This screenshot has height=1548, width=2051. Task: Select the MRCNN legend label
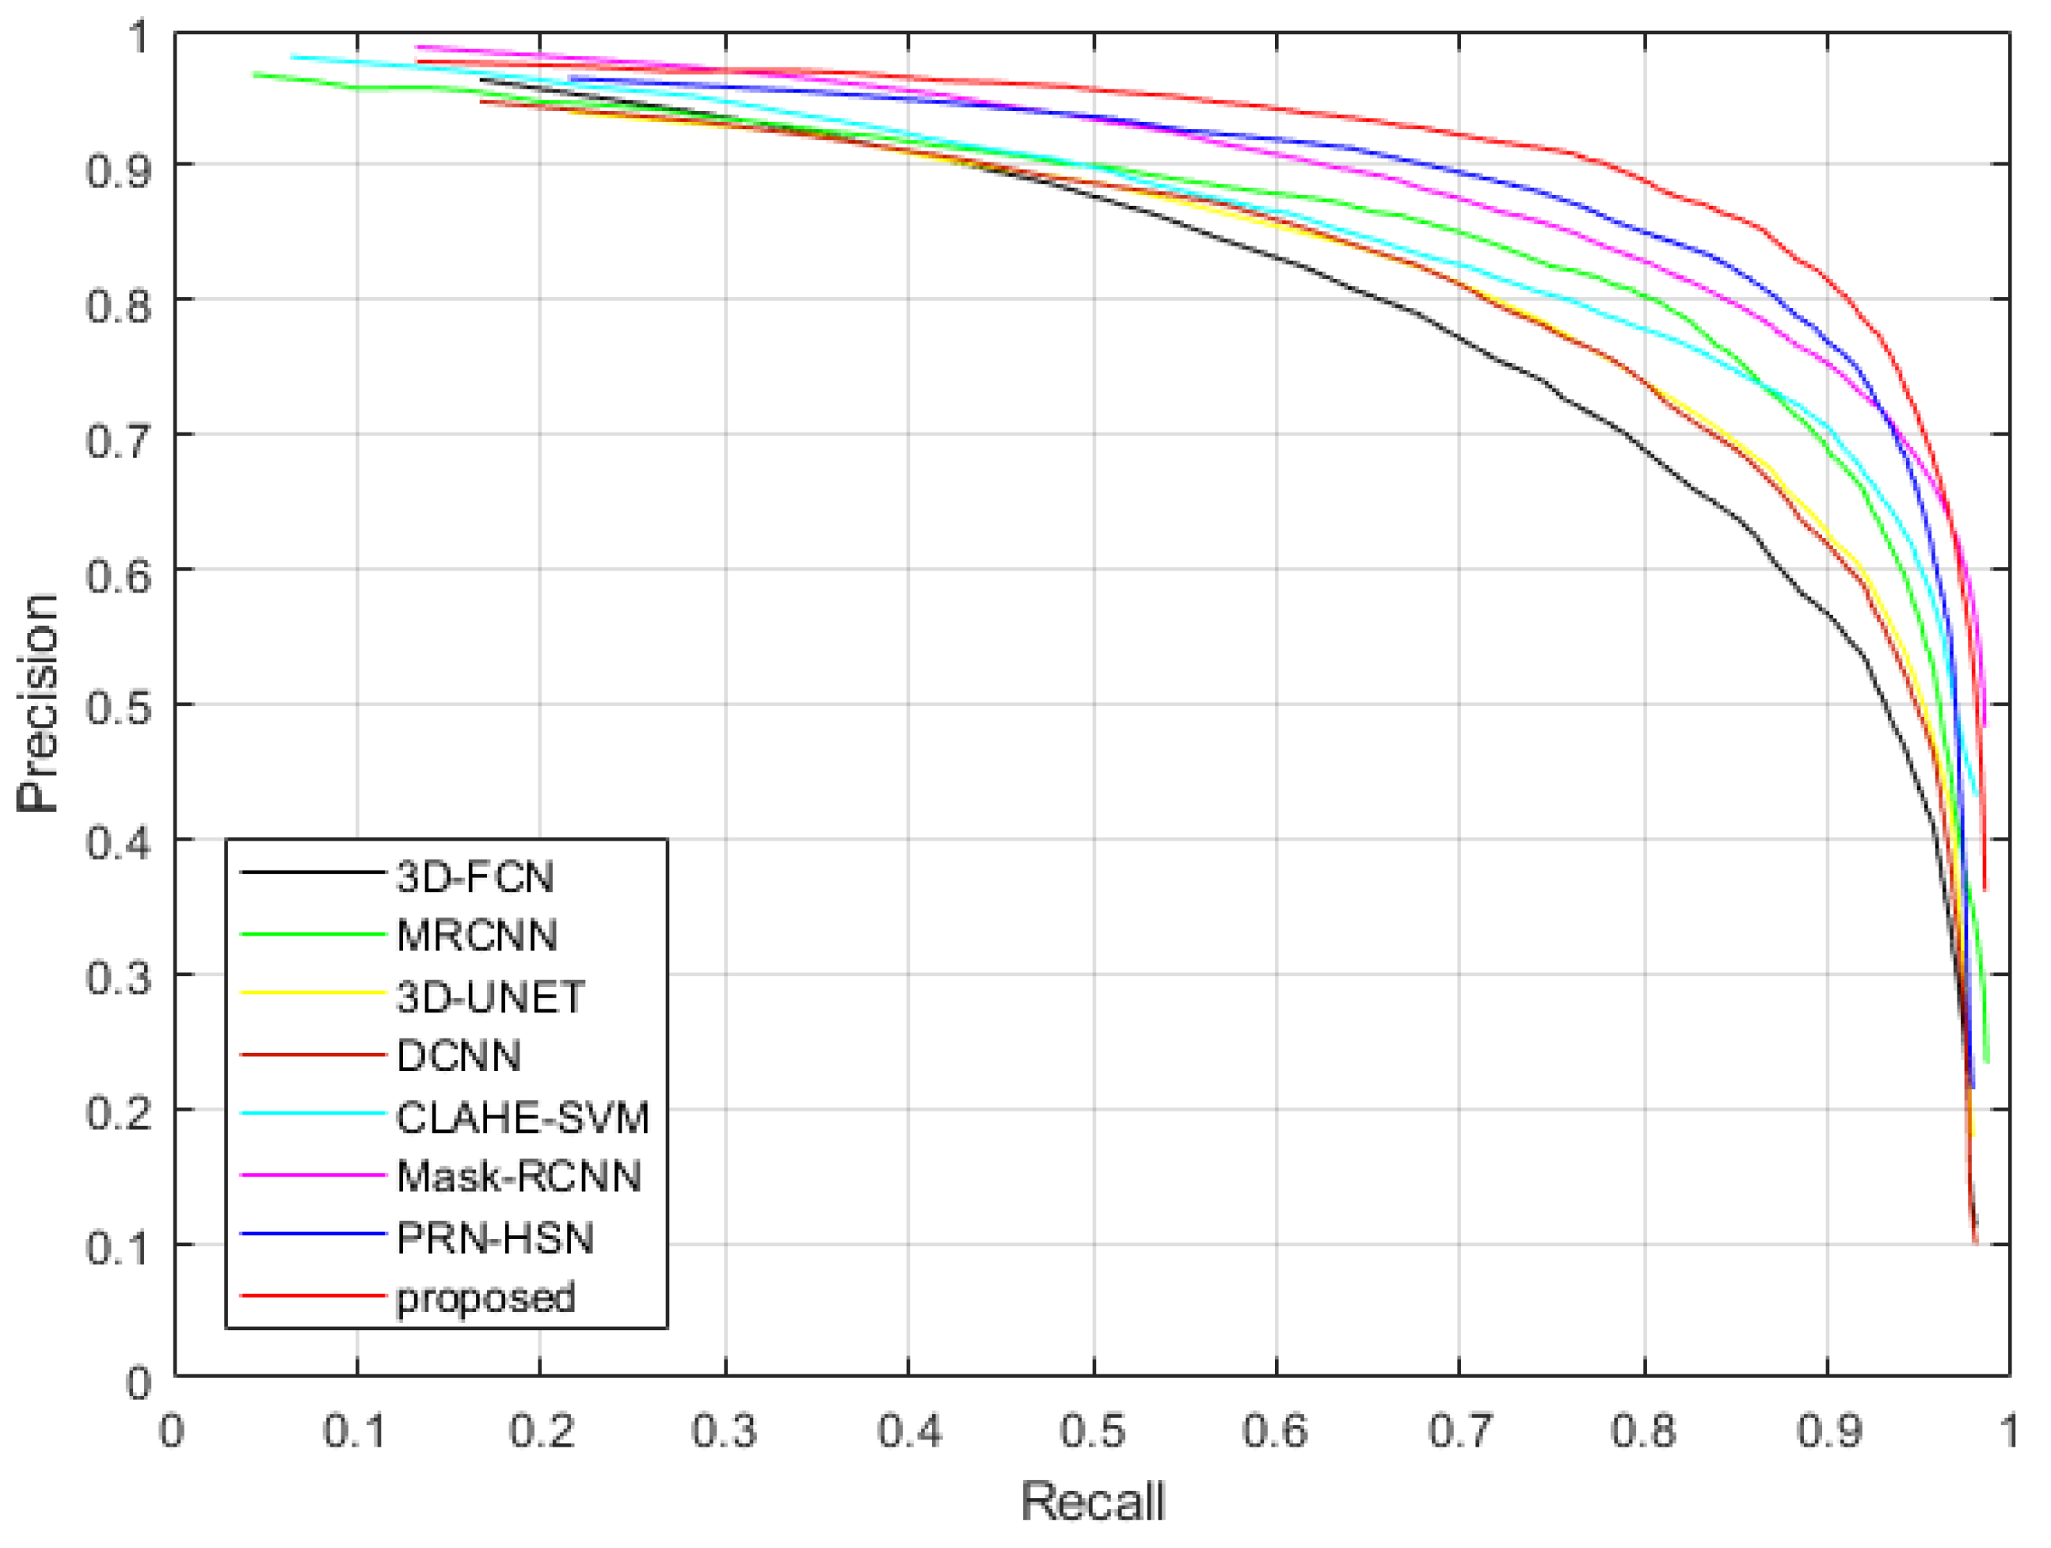tap(477, 936)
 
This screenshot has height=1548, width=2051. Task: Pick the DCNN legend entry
tap(458, 1056)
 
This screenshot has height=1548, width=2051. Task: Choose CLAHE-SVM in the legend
tap(523, 1118)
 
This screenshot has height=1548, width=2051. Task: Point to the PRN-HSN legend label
tap(495, 1238)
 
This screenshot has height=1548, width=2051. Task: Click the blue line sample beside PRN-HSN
tap(313, 1234)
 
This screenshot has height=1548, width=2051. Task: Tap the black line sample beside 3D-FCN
tap(313, 873)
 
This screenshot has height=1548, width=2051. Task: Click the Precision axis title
tap(38, 704)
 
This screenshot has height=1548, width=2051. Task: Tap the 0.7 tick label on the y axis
tap(118, 440)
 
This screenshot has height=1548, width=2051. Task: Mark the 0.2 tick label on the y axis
tap(118, 1112)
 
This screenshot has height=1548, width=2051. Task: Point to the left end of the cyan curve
tap(292, 56)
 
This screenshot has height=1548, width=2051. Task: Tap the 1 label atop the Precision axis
tap(137, 38)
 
